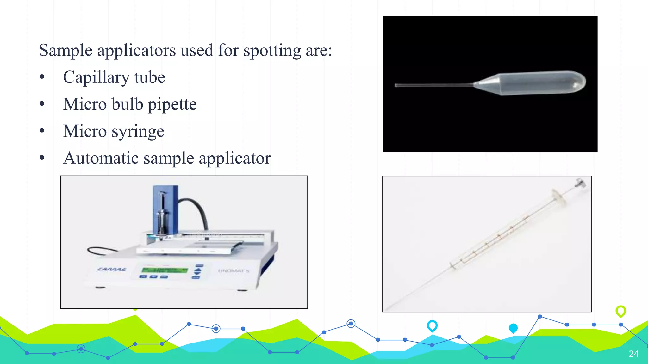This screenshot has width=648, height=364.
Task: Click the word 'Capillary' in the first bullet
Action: (96, 77)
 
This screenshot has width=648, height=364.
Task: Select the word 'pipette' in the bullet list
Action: (172, 104)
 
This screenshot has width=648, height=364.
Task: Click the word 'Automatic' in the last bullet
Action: (101, 158)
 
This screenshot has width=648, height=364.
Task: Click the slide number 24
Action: (633, 354)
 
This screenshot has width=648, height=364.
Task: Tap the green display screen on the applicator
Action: (165, 270)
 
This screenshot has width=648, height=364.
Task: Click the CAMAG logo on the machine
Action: (111, 269)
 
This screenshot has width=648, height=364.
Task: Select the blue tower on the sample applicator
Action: (165, 209)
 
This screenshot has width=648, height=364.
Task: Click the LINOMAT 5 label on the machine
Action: (234, 271)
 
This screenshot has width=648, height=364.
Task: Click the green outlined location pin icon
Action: (621, 311)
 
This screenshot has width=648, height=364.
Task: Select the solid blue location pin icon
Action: (513, 328)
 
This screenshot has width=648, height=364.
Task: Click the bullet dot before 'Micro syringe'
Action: (42, 131)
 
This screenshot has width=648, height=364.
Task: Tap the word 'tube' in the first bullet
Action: (150, 77)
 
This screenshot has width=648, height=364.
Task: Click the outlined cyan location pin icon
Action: (432, 325)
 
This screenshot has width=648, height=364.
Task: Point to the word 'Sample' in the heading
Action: (66, 51)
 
